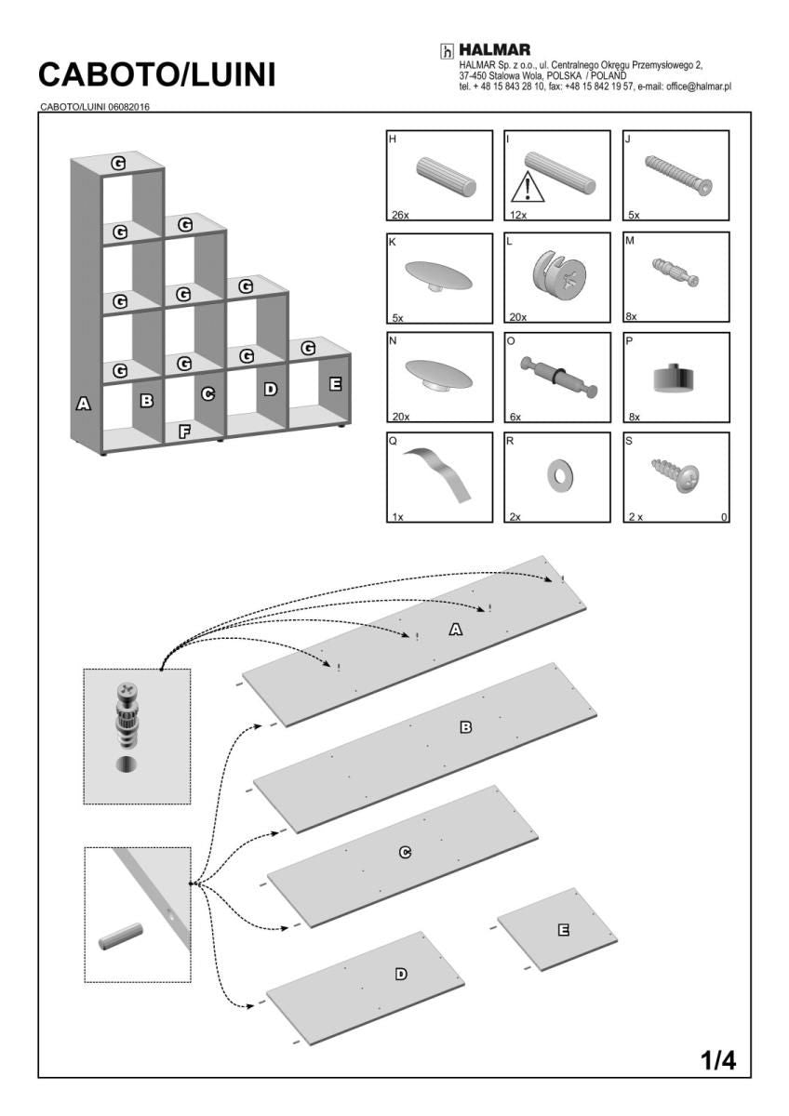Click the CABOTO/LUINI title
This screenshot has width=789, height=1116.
[x=157, y=75]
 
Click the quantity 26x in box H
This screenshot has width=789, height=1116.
[x=400, y=215]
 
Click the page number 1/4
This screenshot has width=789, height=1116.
[x=717, y=1060]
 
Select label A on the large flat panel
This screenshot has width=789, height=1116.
[x=456, y=630]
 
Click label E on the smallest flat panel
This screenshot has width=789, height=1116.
[x=562, y=929]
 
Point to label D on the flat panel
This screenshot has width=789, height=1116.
[x=400, y=974]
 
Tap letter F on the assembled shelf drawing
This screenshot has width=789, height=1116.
[x=184, y=431]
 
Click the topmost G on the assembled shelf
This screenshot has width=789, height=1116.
[x=118, y=162]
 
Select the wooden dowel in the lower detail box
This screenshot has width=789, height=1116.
[x=121, y=936]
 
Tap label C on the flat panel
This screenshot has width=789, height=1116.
[x=405, y=852]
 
